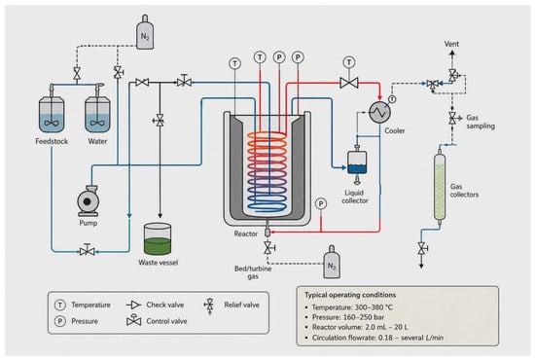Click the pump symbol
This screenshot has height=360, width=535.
pyautogui.click(x=89, y=201)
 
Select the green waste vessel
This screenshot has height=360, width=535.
pyautogui.click(x=158, y=239)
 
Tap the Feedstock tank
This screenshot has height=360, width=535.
pyautogui.click(x=52, y=114)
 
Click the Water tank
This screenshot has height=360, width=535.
pyautogui.click(x=97, y=114)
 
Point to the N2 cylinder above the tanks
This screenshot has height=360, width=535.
pyautogui.click(x=145, y=32)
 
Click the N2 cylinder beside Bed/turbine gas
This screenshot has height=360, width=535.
pyautogui.click(x=332, y=262)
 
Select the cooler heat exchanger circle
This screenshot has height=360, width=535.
pyautogui.click(x=379, y=112)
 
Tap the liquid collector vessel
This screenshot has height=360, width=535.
pyautogui.click(x=357, y=163)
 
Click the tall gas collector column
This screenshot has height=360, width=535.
pyautogui.click(x=440, y=187)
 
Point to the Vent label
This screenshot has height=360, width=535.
pyautogui.click(x=451, y=44)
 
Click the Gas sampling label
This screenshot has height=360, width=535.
pyautogui.click(x=481, y=122)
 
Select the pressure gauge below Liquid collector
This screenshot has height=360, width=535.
pyautogui.click(x=321, y=203)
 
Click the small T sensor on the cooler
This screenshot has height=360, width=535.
pyautogui.click(x=392, y=99)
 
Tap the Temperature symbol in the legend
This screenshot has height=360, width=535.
pyautogui.click(x=60, y=305)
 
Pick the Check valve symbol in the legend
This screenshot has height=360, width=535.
pyautogui.click(x=133, y=305)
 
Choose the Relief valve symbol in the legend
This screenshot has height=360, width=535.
pyautogui.click(x=209, y=306)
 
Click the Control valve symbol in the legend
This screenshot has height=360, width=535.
pyautogui.click(x=134, y=320)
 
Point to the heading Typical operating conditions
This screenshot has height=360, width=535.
pyautogui.click(x=350, y=295)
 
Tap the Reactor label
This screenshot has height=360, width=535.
pyautogui.click(x=246, y=234)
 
